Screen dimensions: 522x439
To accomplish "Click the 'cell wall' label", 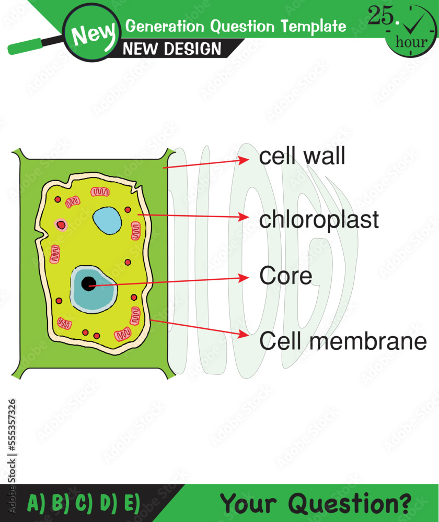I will click(x=302, y=156).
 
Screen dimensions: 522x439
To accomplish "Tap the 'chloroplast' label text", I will click(x=319, y=220).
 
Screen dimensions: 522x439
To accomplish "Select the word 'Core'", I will click(x=285, y=276).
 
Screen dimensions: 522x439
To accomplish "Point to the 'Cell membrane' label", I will click(x=343, y=341).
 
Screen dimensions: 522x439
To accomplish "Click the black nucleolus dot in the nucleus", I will click(x=89, y=283).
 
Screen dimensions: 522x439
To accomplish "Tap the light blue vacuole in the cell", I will click(x=107, y=220).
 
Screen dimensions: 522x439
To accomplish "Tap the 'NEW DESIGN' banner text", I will click(x=172, y=49).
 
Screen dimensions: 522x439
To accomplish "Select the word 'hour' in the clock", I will click(x=411, y=42).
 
